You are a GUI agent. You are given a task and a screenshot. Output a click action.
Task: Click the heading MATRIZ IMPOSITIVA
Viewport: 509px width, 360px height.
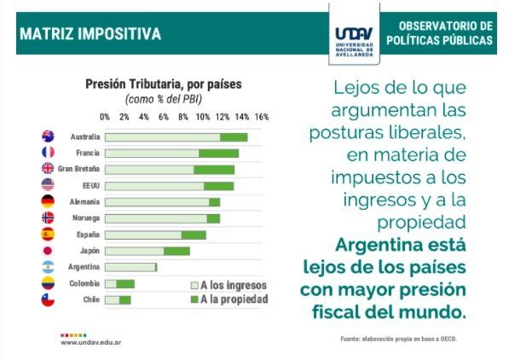click(90, 34)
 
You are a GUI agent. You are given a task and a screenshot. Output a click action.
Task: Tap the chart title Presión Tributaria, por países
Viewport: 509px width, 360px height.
click(164, 84)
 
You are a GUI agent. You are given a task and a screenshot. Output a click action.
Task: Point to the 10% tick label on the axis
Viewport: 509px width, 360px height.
click(203, 117)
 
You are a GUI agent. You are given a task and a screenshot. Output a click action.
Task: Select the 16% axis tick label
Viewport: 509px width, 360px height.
click(262, 117)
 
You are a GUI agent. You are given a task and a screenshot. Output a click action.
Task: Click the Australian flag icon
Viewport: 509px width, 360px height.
click(48, 136)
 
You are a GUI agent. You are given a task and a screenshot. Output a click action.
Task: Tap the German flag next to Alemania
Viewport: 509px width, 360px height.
click(48, 201)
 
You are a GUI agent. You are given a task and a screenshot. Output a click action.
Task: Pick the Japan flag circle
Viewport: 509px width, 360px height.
click(48, 251)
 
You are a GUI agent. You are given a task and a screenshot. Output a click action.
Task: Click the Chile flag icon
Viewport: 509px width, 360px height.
click(48, 299)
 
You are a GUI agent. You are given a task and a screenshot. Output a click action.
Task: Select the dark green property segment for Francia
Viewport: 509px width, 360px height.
click(219, 154)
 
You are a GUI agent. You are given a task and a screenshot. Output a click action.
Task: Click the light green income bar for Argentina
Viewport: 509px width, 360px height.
click(130, 267)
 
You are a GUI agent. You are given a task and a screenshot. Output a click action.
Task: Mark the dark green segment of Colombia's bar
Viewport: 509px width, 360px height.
click(125, 284)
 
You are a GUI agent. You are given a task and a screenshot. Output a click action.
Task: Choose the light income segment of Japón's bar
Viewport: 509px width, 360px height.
click(135, 251)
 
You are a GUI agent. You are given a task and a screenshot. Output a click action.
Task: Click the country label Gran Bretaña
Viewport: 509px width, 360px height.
click(78, 169)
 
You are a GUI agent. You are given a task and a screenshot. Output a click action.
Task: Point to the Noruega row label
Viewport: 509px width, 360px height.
click(86, 218)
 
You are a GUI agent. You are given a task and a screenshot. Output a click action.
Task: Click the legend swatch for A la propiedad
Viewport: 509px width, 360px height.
click(194, 299)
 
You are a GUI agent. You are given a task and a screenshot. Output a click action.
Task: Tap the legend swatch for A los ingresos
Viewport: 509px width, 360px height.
click(194, 285)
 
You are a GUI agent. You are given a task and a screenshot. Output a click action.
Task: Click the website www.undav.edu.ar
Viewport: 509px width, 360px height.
click(91, 342)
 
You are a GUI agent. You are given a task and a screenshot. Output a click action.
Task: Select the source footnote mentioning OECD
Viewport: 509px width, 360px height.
click(399, 339)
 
